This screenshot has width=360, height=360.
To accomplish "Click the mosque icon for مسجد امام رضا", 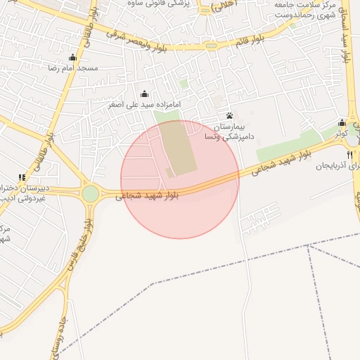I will coord(72,58).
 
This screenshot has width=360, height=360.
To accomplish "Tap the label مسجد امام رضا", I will coord(72,68).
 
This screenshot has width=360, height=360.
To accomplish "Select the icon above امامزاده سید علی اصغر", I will coord(145,94).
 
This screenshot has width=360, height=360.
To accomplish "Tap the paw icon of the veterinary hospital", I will coord(229,115).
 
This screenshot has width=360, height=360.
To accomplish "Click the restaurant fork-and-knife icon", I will coord(349,155).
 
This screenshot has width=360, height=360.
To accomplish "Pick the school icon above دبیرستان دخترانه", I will coord(22,177).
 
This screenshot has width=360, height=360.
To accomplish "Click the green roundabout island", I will coord(90,193).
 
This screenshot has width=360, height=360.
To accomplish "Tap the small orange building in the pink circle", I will coord(169,172).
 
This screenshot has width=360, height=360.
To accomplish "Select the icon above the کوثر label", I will coord(342,122).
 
